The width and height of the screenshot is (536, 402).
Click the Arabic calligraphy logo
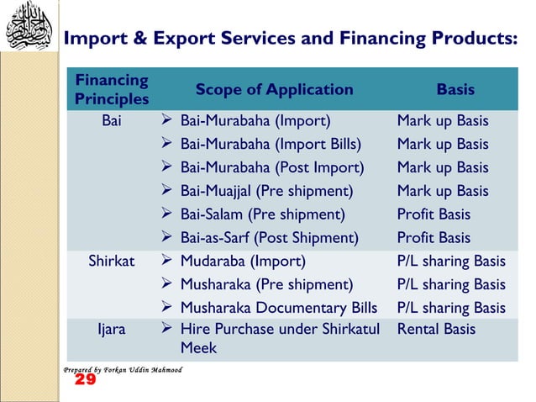[29, 28]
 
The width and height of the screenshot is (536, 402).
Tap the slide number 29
[85, 381]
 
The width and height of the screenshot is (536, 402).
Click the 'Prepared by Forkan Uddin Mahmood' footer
[123, 369]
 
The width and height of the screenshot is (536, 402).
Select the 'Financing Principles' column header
[112, 90]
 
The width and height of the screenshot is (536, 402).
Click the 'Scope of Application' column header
[274, 90]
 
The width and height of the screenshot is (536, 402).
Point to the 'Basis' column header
[455, 90]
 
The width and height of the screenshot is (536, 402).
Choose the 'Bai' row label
[112, 121]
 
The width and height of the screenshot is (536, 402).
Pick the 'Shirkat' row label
[112, 261]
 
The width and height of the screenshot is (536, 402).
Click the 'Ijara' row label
[112, 329]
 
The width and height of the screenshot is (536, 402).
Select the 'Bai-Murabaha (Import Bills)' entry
[271, 145]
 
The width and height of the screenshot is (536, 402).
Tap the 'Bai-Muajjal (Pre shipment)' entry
[266, 191]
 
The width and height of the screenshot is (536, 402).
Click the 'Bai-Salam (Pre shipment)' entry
[262, 214]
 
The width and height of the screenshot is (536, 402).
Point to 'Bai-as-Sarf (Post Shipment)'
[269, 238]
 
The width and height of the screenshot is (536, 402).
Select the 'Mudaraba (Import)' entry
[243, 261]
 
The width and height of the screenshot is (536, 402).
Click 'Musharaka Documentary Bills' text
[278, 308]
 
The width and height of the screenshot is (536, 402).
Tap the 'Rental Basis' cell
[436, 329]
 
